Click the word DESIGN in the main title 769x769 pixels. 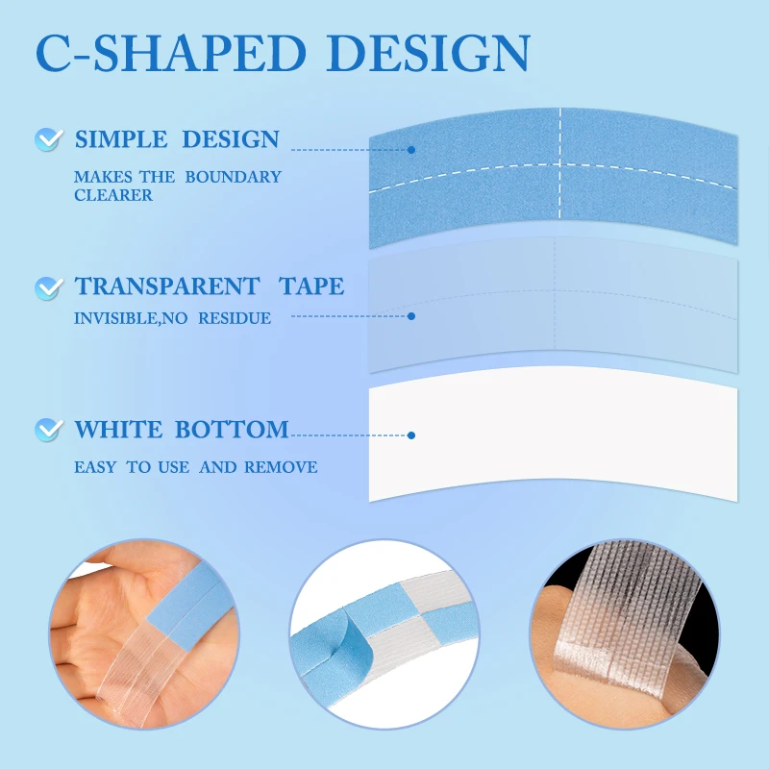point(428,53)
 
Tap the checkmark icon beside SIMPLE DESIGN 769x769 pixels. point(49,139)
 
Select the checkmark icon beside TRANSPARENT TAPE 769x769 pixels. point(49,287)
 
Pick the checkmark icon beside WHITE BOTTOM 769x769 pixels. point(49,430)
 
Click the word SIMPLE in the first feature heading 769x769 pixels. point(121,139)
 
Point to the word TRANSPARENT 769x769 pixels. point(166,285)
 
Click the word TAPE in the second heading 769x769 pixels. point(311,285)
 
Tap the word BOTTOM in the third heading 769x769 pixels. point(232,429)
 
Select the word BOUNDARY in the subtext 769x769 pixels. point(233,177)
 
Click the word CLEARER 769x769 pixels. point(113,195)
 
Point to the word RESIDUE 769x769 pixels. point(235,318)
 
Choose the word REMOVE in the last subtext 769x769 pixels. point(281,467)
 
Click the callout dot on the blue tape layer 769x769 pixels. point(411,150)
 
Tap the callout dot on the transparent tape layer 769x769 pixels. point(411,316)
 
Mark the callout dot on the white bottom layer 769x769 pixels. point(411,435)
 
